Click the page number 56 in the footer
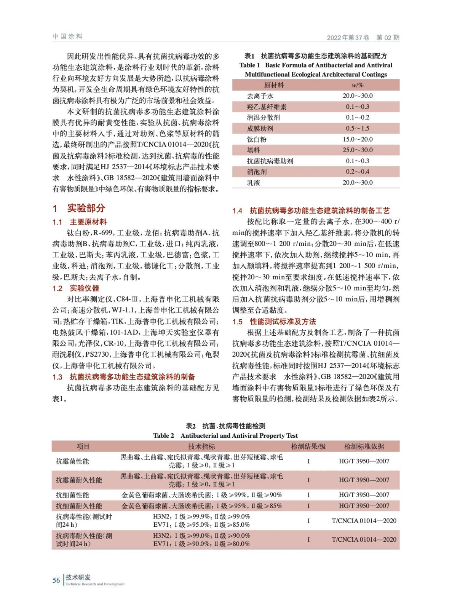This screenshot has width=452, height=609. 56,580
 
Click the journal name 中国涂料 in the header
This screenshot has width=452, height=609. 68,37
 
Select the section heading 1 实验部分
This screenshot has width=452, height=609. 79,208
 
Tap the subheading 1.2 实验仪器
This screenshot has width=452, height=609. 76,288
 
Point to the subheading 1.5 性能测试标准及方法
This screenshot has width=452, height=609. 274,322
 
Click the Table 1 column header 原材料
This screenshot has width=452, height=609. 274,85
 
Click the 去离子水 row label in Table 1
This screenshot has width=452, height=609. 260,96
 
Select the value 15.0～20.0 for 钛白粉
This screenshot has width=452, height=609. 357,139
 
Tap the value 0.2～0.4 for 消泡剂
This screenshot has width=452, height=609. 357,172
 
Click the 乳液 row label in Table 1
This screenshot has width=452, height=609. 254,183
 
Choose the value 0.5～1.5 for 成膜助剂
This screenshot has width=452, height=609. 357,128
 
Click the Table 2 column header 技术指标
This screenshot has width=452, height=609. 201,446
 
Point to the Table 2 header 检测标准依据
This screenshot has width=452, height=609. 364,446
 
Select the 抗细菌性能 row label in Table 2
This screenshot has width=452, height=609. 72,495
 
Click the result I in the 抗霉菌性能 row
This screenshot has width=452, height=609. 308,461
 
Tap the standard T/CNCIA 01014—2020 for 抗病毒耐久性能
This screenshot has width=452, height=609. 364,539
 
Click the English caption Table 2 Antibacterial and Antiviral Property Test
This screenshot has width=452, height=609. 225,435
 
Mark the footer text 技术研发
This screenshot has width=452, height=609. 78,577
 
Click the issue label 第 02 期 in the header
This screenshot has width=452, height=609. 388,37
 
